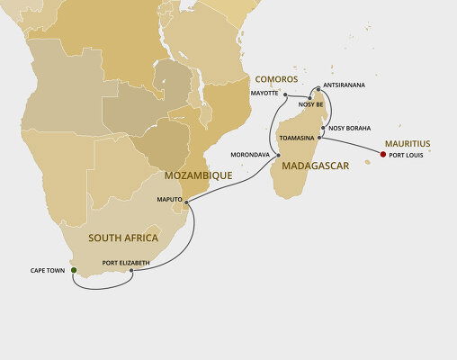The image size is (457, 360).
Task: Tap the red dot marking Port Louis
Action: click(x=382, y=155)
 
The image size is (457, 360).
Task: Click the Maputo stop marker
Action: click(x=185, y=204)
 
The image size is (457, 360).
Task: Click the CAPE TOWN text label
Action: click(x=49, y=269)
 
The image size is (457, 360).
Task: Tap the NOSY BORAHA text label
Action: click(x=349, y=128)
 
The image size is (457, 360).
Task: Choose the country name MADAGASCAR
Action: click(x=316, y=167)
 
